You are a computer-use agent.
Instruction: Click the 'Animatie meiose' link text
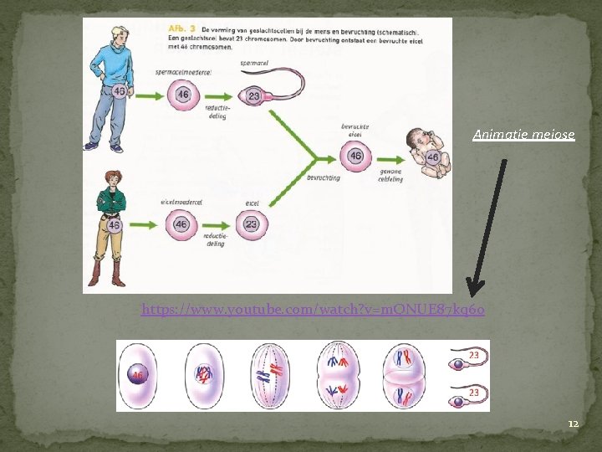point(523,134)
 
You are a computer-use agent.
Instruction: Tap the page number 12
point(573,424)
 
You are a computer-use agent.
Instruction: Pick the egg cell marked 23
point(250,224)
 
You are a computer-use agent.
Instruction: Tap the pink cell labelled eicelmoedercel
point(182,224)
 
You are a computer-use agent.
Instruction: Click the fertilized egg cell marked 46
point(355,157)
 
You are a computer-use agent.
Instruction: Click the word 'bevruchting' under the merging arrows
point(324,178)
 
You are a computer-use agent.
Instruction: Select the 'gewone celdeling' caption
point(390,175)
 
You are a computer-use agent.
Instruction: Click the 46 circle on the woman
point(114,225)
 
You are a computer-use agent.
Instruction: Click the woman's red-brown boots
point(106,273)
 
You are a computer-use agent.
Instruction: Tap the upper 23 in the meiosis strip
point(473,355)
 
